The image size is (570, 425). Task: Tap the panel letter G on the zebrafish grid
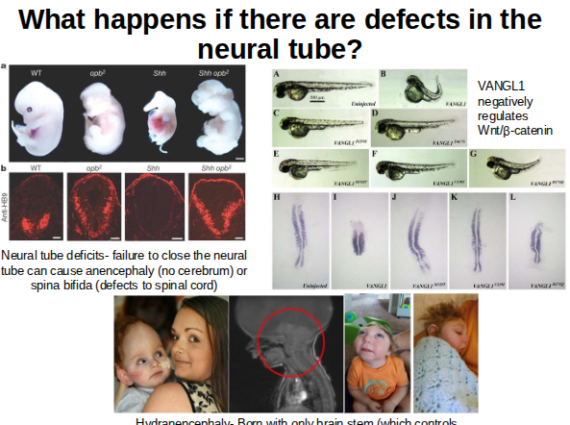point(475,152)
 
